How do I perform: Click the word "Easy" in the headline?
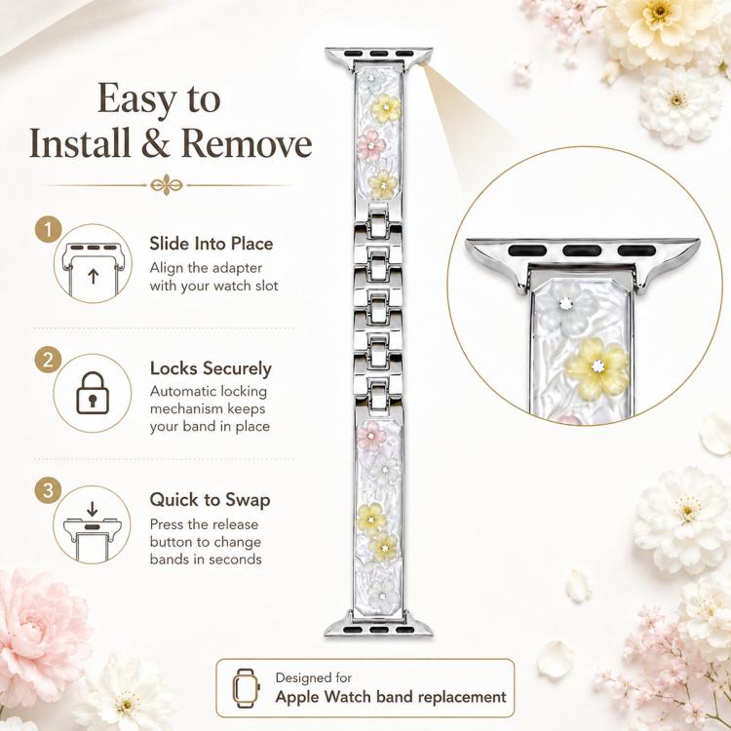click(x=136, y=99)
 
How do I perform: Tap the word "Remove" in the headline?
click(x=247, y=143)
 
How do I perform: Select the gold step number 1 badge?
click(x=48, y=229)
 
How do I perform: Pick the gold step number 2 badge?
click(x=48, y=360)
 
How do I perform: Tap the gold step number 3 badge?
click(x=48, y=490)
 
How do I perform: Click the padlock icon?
click(x=93, y=393)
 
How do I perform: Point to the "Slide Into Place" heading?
click(x=212, y=244)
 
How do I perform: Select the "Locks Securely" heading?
click(x=211, y=369)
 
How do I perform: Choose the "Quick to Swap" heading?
click(x=211, y=500)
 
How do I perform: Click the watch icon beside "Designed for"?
click(x=246, y=688)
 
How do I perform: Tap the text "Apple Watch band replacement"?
click(x=391, y=697)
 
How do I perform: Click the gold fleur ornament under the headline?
click(x=166, y=185)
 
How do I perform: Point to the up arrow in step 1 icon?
click(x=94, y=276)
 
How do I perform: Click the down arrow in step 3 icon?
click(x=93, y=509)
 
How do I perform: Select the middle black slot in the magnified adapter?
click(x=582, y=250)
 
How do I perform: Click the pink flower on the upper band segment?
click(x=370, y=145)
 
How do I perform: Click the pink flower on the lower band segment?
click(x=371, y=436)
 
